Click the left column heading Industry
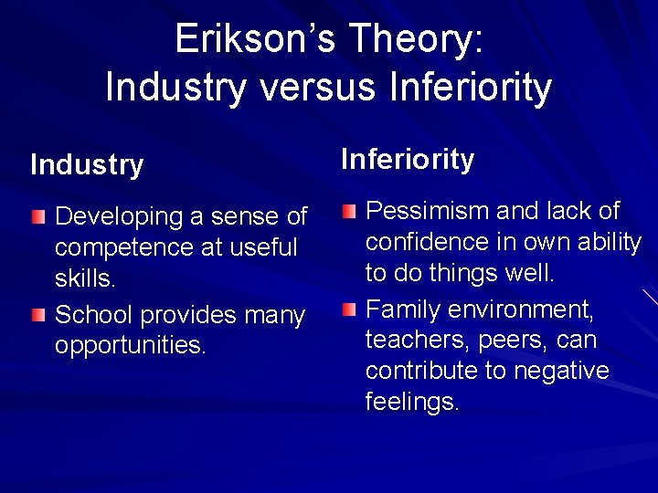(87, 165)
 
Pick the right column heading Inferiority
(408, 160)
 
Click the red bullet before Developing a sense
(37, 217)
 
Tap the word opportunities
(130, 346)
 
